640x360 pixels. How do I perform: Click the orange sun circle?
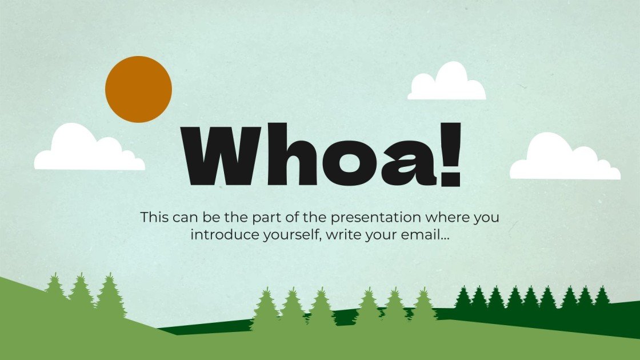tap(138, 89)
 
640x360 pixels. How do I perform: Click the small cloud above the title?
tap(447, 83)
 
